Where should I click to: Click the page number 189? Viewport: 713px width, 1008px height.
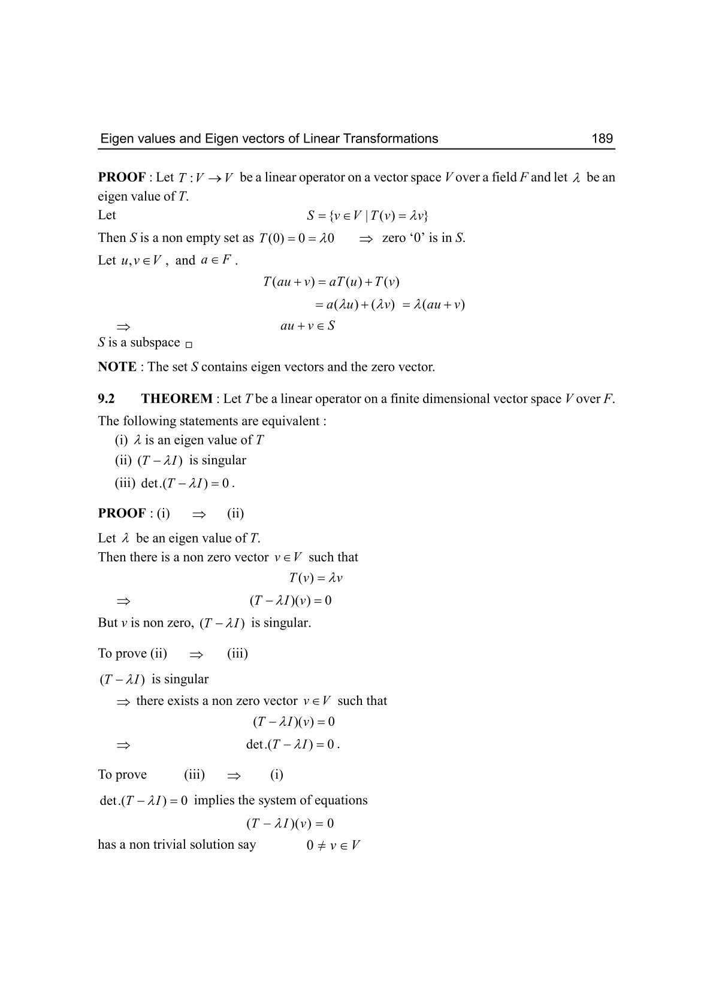602,139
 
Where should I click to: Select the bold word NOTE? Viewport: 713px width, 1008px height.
117,367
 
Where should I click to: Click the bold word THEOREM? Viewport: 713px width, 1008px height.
177,399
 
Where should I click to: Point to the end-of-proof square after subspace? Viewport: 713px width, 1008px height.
189,345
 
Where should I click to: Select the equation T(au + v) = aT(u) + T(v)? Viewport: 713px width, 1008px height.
331,281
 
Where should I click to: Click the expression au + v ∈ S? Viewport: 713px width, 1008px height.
307,326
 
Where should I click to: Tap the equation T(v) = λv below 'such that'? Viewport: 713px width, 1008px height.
316,579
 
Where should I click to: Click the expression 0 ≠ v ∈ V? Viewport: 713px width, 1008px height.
333,846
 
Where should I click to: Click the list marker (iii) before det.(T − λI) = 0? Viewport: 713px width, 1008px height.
125,483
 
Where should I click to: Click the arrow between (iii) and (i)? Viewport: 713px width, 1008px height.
234,776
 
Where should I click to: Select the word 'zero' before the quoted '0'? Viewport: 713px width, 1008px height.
394,238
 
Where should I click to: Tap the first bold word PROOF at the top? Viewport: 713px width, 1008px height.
122,177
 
